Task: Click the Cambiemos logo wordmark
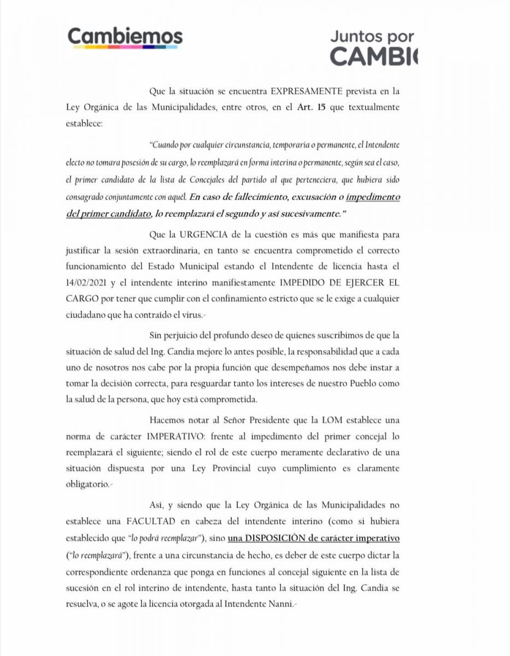[125, 37]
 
